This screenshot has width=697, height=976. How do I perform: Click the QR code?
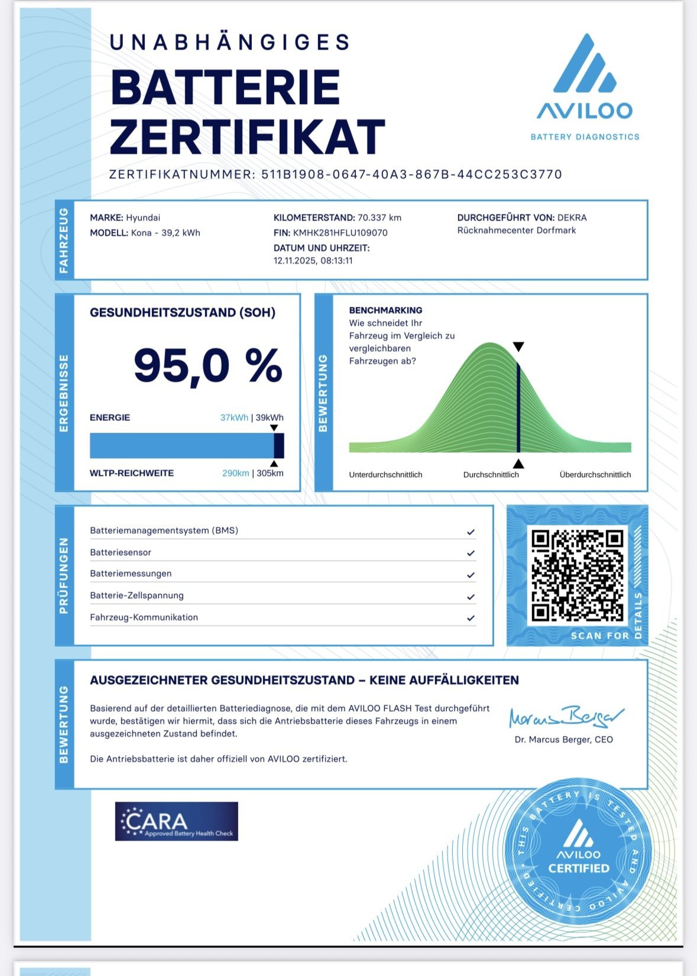pyautogui.click(x=577, y=575)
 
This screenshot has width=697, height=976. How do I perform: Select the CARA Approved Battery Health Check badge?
pyautogui.click(x=176, y=821)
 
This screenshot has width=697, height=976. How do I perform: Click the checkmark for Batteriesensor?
pyautogui.click(x=471, y=553)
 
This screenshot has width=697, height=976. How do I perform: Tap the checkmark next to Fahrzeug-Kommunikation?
pyautogui.click(x=471, y=618)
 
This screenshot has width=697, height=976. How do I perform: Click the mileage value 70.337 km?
pyautogui.click(x=379, y=218)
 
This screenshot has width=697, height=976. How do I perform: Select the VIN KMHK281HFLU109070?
pyautogui.click(x=340, y=233)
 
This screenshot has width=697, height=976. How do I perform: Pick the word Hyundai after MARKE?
pyautogui.click(x=143, y=218)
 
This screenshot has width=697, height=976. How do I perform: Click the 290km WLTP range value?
pyautogui.click(x=235, y=473)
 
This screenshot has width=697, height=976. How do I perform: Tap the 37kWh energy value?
pyautogui.click(x=234, y=417)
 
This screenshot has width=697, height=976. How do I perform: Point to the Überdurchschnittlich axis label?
pyautogui.click(x=595, y=475)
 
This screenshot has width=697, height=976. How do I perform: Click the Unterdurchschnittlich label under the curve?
pyautogui.click(x=385, y=475)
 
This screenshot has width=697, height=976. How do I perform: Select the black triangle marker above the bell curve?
pyautogui.click(x=518, y=347)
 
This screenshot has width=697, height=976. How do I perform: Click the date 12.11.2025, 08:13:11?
pyautogui.click(x=313, y=261)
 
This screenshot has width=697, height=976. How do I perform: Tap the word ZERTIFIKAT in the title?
pyautogui.click(x=247, y=137)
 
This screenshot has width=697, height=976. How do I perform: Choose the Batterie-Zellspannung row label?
pyautogui.click(x=137, y=595)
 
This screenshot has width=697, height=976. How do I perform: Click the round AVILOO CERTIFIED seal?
pyautogui.click(x=578, y=852)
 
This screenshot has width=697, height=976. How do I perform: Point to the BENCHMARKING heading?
pyautogui.click(x=385, y=310)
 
